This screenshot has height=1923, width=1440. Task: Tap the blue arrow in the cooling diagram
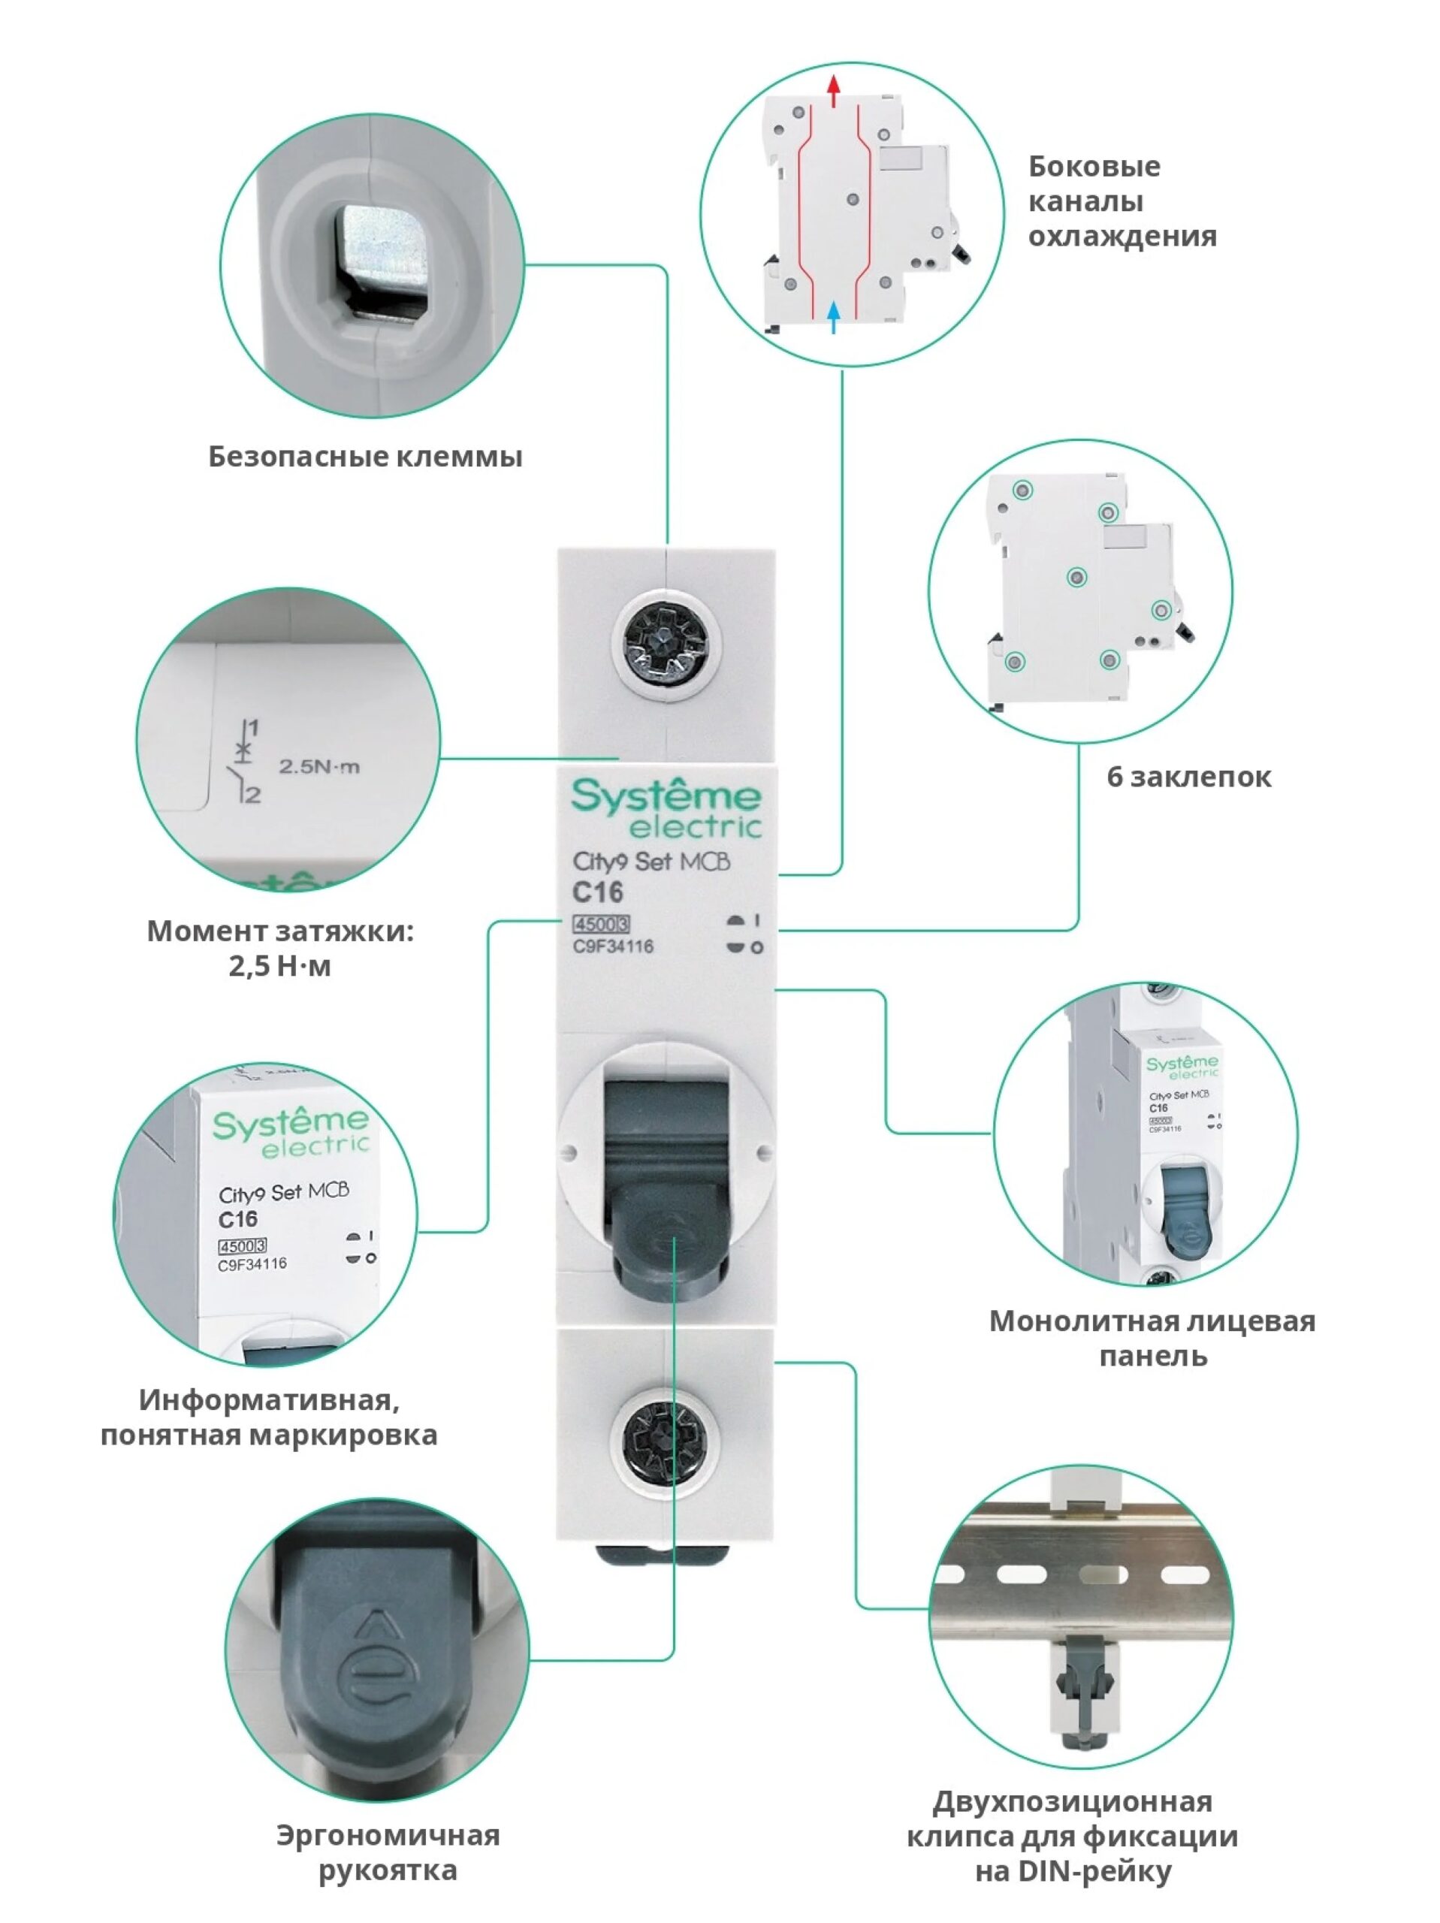(833, 315)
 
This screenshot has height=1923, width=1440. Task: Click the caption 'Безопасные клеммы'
(365, 457)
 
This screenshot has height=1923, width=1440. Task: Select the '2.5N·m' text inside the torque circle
(319, 767)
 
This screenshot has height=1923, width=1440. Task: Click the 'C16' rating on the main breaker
(597, 892)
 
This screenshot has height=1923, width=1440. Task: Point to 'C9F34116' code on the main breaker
(613, 946)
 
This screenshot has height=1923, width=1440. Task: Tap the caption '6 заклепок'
(1188, 776)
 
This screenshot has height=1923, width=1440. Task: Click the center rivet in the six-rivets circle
(1076, 577)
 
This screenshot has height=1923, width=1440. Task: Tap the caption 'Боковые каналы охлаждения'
(1122, 201)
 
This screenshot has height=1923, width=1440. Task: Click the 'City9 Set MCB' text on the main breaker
(651, 862)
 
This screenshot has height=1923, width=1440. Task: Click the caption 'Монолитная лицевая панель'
(1152, 1339)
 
